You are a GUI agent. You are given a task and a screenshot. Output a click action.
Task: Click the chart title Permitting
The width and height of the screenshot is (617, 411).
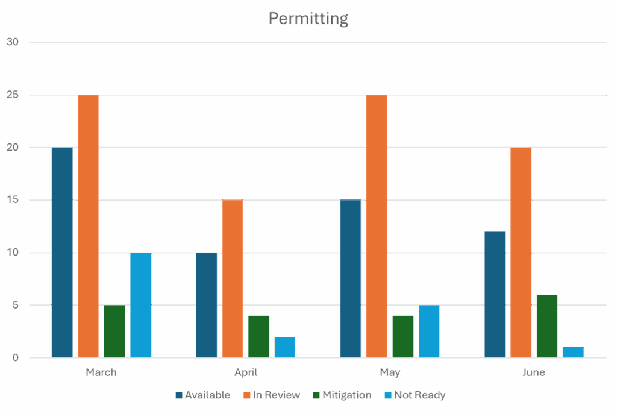pyautogui.click(x=308, y=19)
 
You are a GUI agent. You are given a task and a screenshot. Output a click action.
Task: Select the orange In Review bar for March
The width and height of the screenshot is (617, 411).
pyautogui.click(x=88, y=226)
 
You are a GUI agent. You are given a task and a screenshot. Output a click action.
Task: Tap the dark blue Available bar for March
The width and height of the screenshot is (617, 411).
pyautogui.click(x=62, y=253)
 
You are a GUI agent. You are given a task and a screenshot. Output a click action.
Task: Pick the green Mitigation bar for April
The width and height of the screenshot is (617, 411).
pyautogui.click(x=258, y=336)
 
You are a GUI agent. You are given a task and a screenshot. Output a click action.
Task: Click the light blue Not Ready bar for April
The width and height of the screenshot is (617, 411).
pyautogui.click(x=285, y=347)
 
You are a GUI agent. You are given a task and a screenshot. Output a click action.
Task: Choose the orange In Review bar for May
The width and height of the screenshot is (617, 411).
pyautogui.click(x=377, y=226)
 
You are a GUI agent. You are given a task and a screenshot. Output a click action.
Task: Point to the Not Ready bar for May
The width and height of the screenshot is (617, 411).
pyautogui.click(x=429, y=331)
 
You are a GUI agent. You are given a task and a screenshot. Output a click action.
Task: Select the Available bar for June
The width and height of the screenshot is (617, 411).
pyautogui.click(x=495, y=294)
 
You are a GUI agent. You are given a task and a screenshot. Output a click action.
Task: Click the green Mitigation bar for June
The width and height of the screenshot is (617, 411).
pyautogui.click(x=547, y=326)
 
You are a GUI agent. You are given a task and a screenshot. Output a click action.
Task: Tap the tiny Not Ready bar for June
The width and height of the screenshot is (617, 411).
pyautogui.click(x=573, y=352)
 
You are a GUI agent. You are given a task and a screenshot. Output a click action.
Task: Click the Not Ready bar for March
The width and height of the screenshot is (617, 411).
pyautogui.click(x=140, y=305)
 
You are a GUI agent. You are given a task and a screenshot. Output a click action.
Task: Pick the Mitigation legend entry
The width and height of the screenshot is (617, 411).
pyautogui.click(x=342, y=395)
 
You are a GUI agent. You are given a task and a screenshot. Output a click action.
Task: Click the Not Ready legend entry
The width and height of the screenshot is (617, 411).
pyautogui.click(x=415, y=395)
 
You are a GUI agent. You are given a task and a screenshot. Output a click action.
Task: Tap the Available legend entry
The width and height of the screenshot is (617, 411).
pyautogui.click(x=202, y=395)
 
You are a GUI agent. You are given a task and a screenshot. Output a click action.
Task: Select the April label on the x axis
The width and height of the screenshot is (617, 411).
pyautogui.click(x=245, y=372)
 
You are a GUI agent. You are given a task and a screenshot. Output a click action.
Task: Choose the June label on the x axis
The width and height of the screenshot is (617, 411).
pyautogui.click(x=534, y=372)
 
